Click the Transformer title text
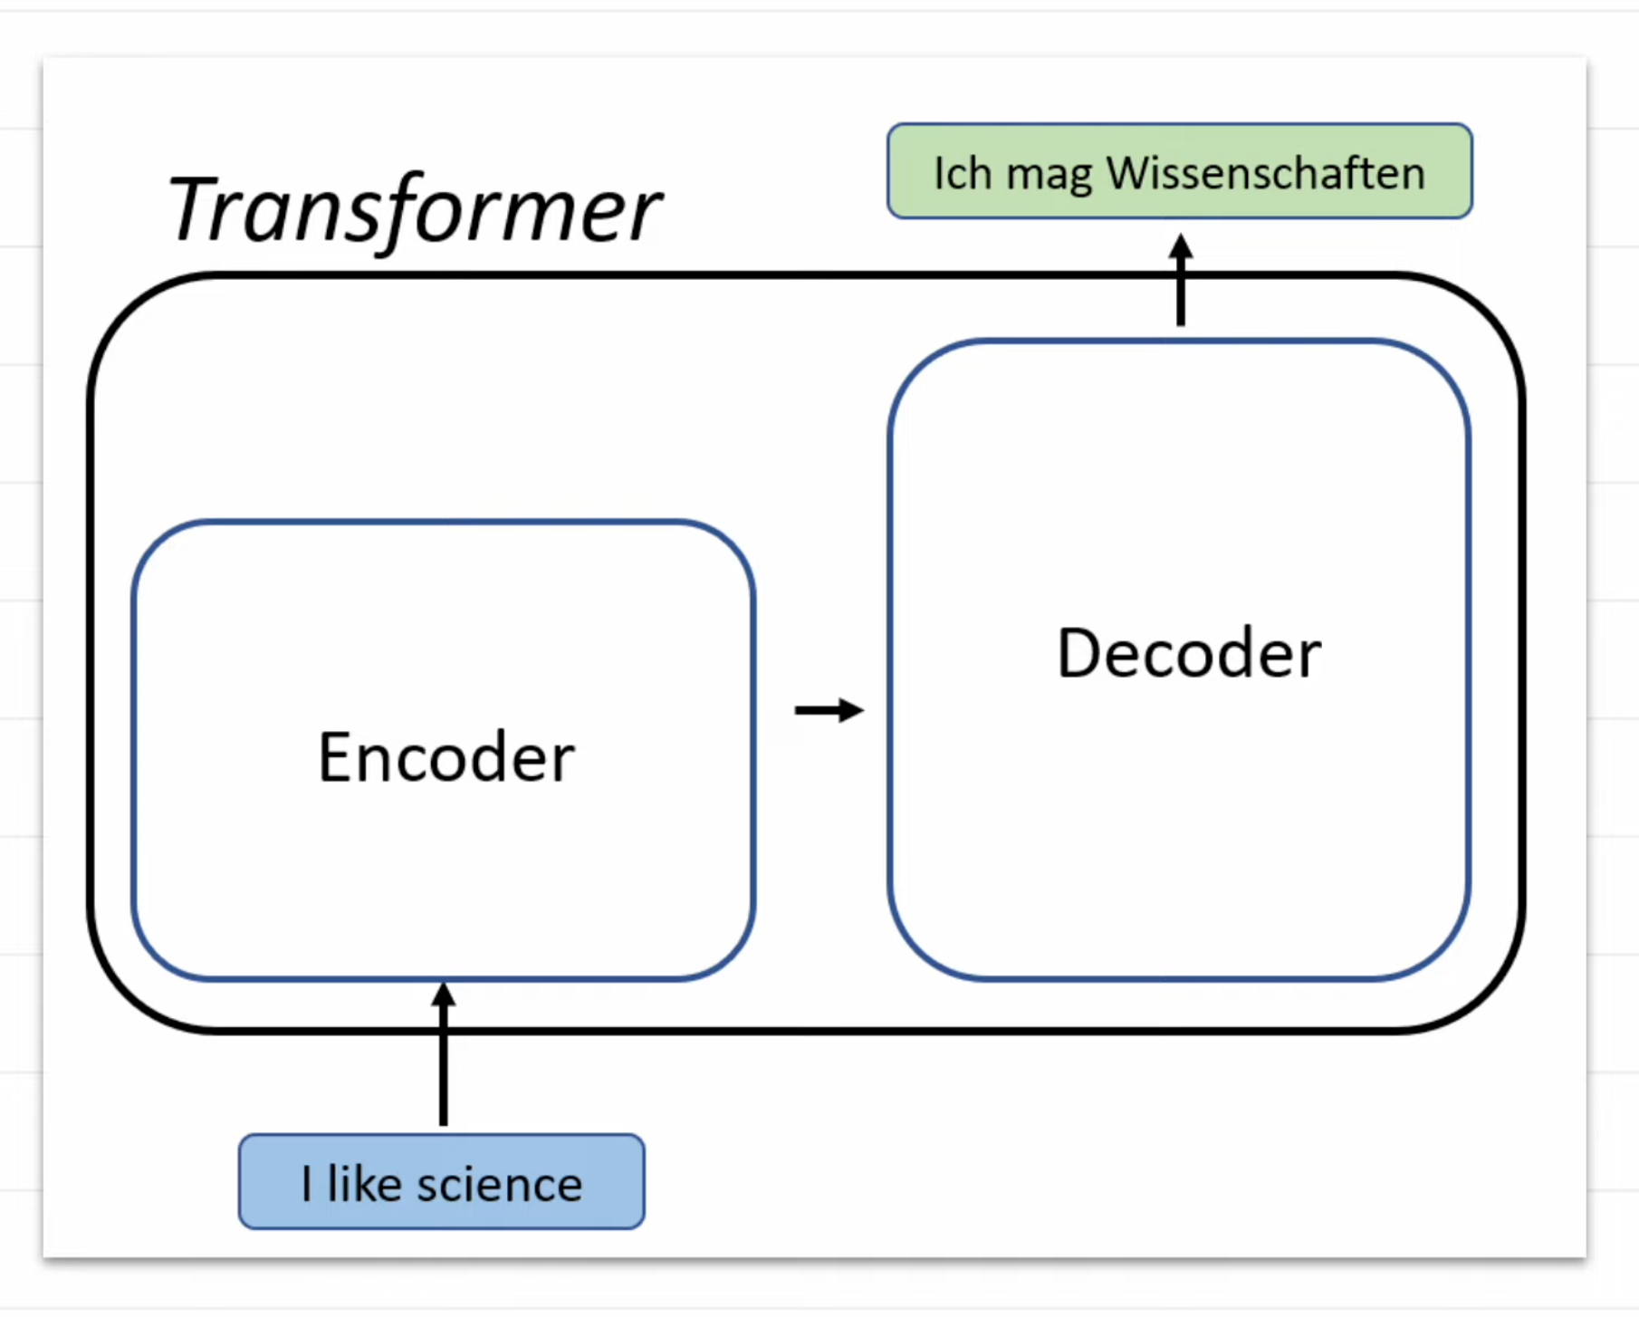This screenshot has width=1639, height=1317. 415,210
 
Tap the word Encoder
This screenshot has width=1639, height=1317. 446,757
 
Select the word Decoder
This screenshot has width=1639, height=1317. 1188,653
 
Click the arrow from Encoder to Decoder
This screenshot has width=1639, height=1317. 828,710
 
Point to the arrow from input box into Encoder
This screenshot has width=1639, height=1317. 443,1055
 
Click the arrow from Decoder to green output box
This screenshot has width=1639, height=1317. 1180,281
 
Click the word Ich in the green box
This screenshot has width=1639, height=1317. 963,173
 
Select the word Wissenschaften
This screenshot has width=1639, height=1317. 1265,173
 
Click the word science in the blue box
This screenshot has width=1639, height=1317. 499,1185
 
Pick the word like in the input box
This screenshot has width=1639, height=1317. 364,1184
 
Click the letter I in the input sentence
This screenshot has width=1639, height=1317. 307,1184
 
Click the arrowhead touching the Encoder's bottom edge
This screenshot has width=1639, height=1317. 443,994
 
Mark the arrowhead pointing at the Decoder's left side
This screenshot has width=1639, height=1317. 851,710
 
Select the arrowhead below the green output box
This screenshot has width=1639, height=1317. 1180,245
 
